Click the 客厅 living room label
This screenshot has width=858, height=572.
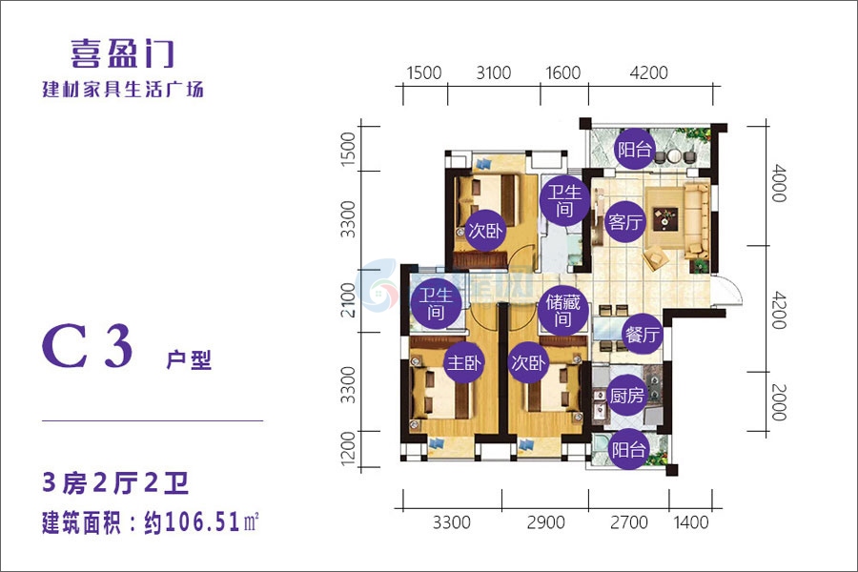[x=625, y=222]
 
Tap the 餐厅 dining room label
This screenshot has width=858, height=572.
[x=643, y=334]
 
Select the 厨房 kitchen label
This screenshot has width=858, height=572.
[x=627, y=395]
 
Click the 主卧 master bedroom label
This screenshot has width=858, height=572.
[x=464, y=362]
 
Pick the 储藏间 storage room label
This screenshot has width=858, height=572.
[x=563, y=311]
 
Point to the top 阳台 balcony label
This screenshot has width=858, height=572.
[x=635, y=149]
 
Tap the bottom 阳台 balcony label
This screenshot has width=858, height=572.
[x=629, y=450]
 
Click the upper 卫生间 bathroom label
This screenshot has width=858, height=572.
[x=564, y=200]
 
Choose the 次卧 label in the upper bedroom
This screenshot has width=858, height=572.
[x=485, y=231]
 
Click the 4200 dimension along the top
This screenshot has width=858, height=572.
[x=649, y=72]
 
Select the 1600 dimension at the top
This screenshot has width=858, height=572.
[x=563, y=72]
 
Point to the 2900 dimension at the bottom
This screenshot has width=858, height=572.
[x=545, y=522]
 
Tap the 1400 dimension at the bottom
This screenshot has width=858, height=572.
[x=691, y=522]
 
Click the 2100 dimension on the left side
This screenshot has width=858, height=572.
[x=348, y=300]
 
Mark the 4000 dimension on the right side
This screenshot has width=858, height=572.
[x=779, y=183]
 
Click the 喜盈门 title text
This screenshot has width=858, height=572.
[x=123, y=53]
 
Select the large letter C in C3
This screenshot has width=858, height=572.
[x=65, y=346]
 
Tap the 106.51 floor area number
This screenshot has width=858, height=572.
[x=202, y=522]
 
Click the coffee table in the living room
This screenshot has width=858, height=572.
[x=664, y=218]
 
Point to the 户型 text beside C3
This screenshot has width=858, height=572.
[x=189, y=359]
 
